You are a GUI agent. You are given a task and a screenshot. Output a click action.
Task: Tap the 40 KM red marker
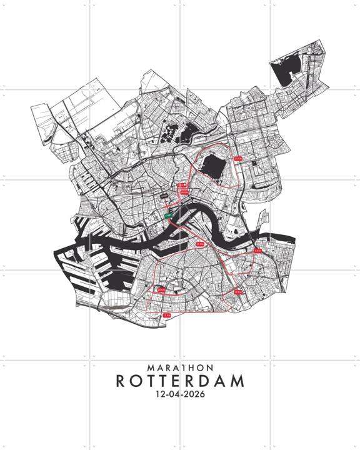click(184, 193)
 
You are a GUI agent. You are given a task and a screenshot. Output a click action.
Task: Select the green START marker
click(168, 214)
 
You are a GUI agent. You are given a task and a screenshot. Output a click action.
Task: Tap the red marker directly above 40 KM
click(184, 186)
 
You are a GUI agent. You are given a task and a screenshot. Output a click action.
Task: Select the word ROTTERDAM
click(180, 381)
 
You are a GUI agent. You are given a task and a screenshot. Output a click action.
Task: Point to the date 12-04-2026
click(180, 395)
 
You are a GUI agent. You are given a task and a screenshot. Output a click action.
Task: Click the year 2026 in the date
click(194, 395)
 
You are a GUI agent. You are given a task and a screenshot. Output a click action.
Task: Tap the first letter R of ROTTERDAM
click(121, 381)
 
